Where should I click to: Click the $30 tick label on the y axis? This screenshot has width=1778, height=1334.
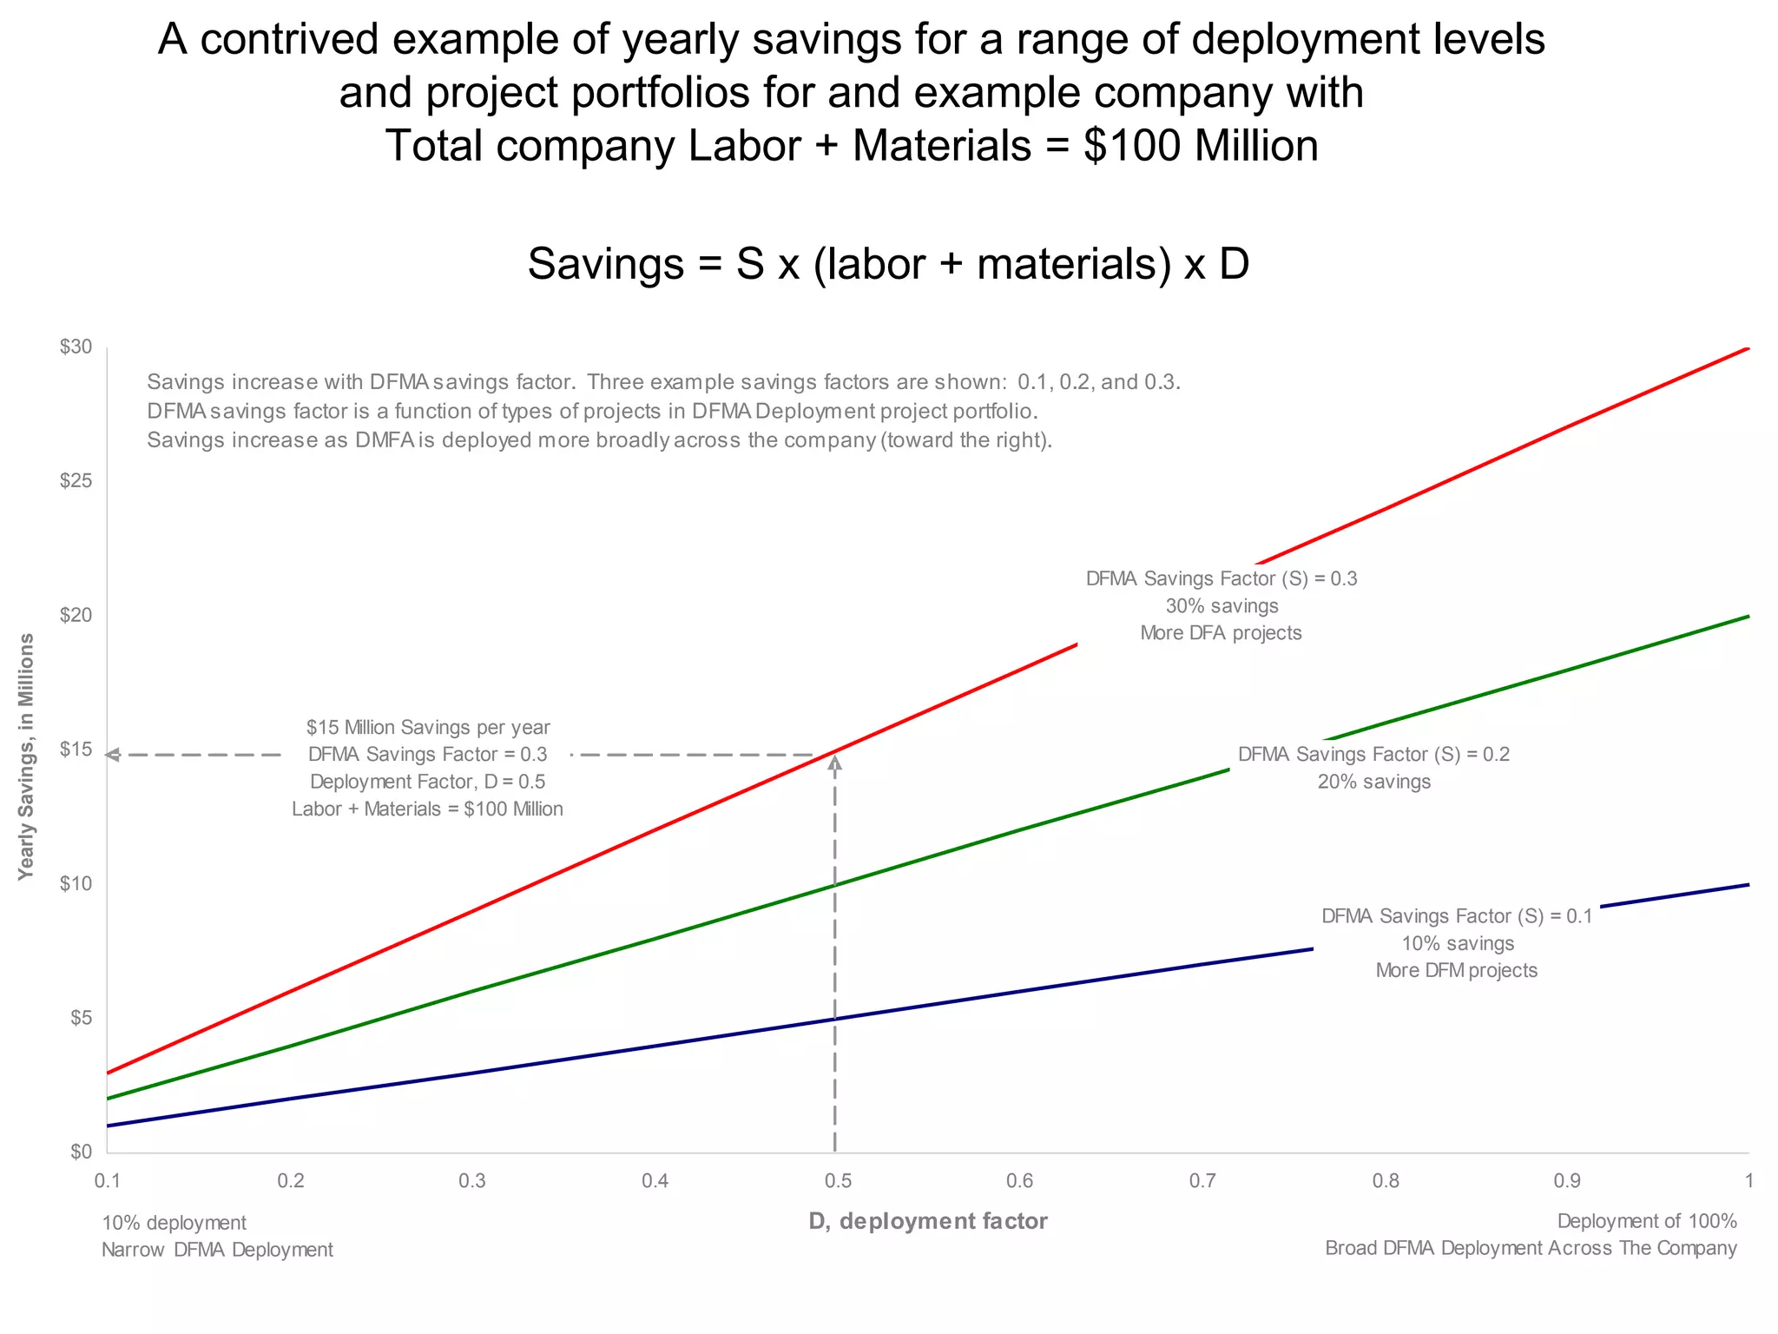click(76, 347)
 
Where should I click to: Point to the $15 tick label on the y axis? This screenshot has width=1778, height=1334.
click(76, 750)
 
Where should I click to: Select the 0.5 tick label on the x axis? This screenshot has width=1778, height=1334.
click(838, 1181)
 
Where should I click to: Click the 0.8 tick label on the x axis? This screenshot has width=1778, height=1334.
click(1386, 1181)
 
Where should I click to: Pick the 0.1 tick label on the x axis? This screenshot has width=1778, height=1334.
click(107, 1181)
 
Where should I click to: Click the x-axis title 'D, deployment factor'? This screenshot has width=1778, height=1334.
click(928, 1221)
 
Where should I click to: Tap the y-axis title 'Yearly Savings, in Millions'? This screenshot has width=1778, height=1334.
click(27, 756)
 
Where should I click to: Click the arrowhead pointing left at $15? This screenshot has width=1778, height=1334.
click(112, 756)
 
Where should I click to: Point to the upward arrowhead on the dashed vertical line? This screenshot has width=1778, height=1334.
click(834, 763)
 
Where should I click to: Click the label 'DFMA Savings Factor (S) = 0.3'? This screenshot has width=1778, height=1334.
click(1221, 578)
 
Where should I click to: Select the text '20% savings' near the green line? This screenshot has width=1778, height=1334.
click(1373, 782)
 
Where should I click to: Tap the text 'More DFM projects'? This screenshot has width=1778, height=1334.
click(1456, 970)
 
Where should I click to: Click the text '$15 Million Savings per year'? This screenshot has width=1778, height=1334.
click(428, 727)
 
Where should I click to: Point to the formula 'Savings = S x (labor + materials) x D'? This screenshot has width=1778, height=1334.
click(888, 263)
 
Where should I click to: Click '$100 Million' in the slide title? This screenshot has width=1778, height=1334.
click(1201, 145)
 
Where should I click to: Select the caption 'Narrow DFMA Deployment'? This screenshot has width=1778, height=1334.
click(217, 1250)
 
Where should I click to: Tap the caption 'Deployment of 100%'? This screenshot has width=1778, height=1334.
click(1646, 1221)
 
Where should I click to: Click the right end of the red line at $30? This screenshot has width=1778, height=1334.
click(1746, 348)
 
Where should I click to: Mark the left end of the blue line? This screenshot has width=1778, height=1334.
click(109, 1126)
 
